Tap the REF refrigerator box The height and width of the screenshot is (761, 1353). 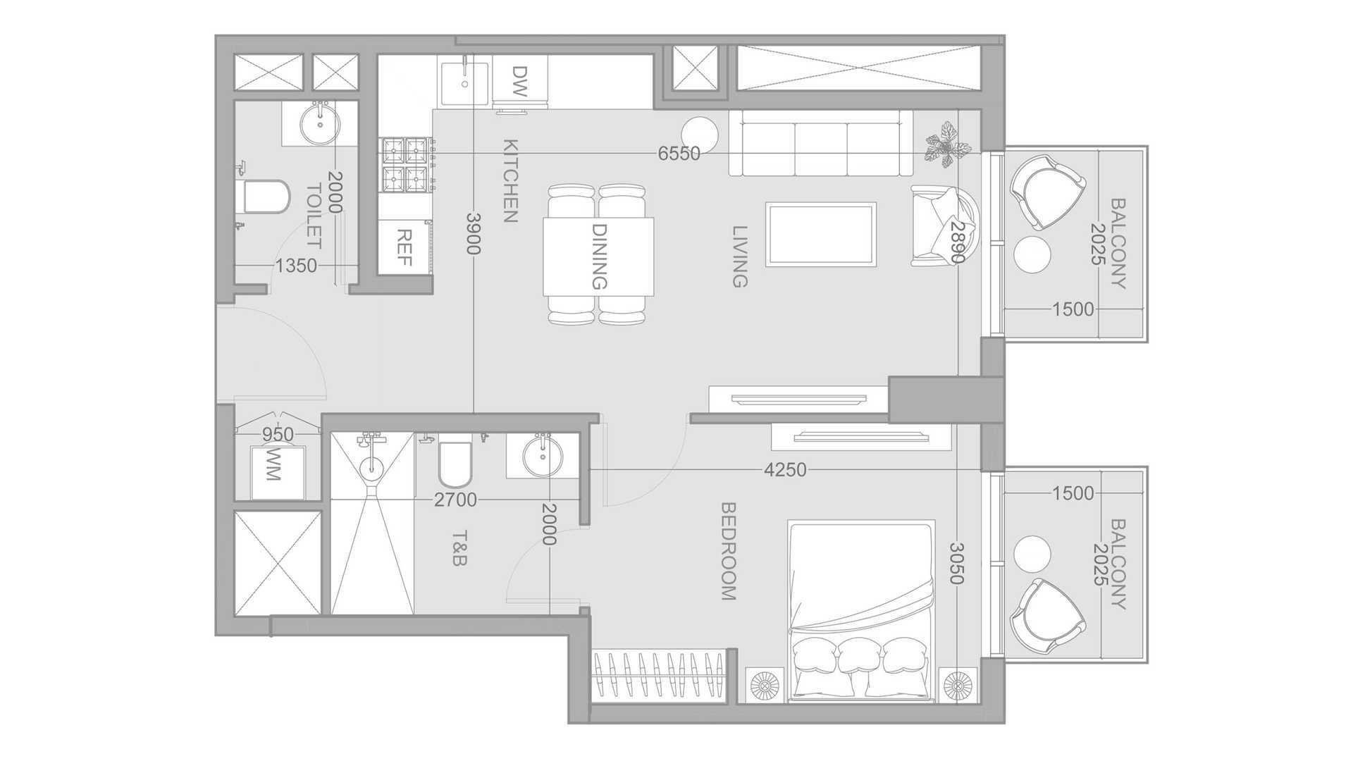click(x=404, y=247)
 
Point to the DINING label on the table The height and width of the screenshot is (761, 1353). click(x=598, y=256)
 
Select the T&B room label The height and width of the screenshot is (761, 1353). click(x=459, y=548)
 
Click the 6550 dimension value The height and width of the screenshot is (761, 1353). click(x=679, y=154)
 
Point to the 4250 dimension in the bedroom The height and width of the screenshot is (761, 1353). click(x=785, y=469)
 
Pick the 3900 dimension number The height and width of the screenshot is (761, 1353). click(x=473, y=234)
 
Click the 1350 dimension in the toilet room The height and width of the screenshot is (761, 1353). click(x=296, y=266)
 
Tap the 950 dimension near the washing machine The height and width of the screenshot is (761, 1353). click(x=278, y=435)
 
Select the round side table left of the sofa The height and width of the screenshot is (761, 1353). click(x=700, y=134)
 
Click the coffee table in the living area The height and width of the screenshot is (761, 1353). click(x=821, y=235)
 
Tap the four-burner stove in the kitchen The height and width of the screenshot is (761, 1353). click(x=407, y=164)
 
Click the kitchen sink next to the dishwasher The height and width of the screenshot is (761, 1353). click(x=464, y=83)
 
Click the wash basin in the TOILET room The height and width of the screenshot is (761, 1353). click(x=321, y=123)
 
